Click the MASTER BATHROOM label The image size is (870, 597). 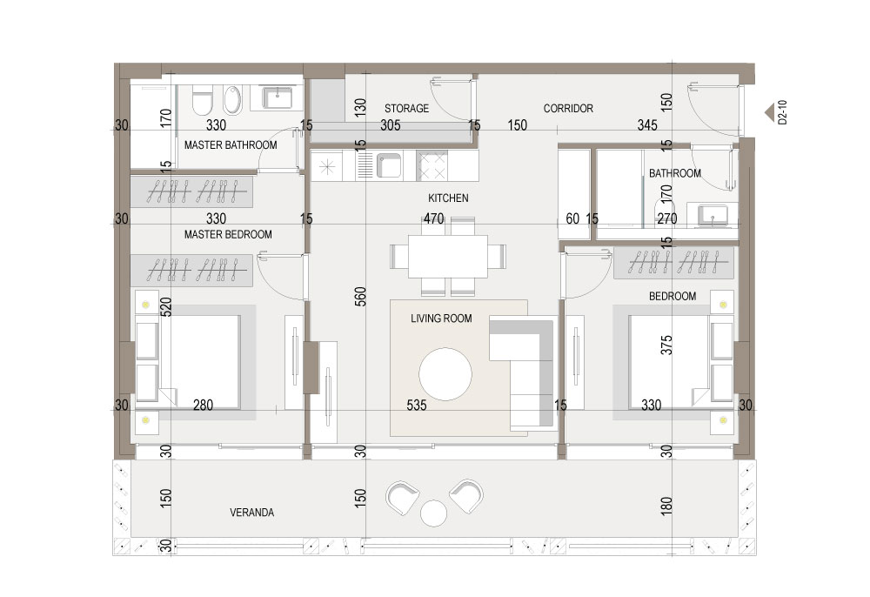231,144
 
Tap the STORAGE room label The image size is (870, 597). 406,108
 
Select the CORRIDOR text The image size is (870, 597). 568,108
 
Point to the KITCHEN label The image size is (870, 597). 448,198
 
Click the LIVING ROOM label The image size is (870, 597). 441,319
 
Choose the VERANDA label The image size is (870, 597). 252,512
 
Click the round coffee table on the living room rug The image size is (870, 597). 445,374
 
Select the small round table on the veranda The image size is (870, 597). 433,513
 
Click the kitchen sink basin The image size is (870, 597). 389,165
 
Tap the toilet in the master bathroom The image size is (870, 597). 203,100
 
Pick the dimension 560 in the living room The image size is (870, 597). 361,297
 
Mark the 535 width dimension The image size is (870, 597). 417,405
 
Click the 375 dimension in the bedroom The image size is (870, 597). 666,345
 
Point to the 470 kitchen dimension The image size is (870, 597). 433,218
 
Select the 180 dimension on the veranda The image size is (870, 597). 666,506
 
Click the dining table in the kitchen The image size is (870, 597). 448,257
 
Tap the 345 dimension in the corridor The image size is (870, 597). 647,124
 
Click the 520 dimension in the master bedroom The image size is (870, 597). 165,307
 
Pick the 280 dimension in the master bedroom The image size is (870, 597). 203,405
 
